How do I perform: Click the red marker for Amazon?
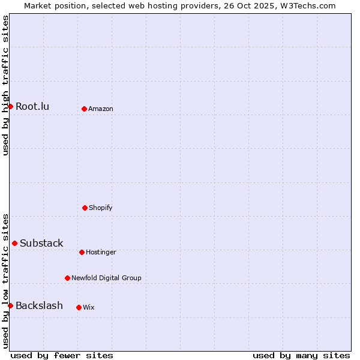(x=84, y=109)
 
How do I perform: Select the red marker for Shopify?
(x=85, y=208)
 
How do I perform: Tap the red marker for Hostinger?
(x=82, y=252)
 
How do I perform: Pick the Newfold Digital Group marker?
(x=67, y=278)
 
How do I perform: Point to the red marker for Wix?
(x=79, y=307)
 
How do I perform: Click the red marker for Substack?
(x=14, y=243)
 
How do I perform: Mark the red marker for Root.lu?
(x=10, y=106)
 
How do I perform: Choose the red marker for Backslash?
(x=10, y=305)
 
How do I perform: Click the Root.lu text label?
(x=32, y=107)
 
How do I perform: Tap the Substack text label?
(x=41, y=244)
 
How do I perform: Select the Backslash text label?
(x=39, y=306)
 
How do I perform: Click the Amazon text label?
(x=101, y=109)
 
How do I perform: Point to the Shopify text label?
(x=101, y=208)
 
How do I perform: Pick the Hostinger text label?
(x=101, y=253)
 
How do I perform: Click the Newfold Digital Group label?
(x=107, y=278)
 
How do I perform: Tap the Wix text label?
(x=89, y=308)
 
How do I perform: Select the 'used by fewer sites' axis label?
(x=62, y=355)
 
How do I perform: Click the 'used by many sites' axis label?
(x=301, y=355)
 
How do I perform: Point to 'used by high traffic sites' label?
(x=5, y=85)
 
